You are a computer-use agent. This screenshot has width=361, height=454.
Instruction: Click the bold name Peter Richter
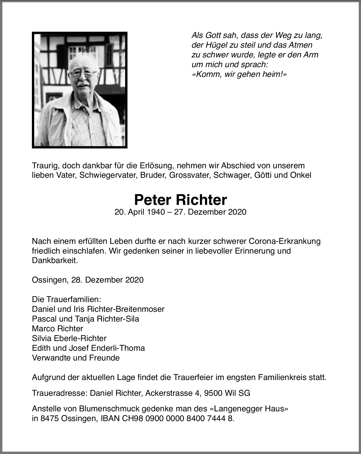[x=180, y=200]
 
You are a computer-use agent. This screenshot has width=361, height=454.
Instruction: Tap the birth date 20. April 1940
[x=140, y=212]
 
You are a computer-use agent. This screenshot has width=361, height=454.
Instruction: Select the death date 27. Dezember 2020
[x=210, y=212]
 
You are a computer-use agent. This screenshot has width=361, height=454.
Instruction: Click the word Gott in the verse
[x=213, y=35]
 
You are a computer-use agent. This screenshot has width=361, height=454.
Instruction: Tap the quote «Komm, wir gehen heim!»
[x=239, y=74]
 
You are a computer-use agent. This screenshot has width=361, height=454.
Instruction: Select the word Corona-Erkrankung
[x=285, y=241]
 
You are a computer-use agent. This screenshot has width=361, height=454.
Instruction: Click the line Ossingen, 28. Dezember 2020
[x=88, y=280]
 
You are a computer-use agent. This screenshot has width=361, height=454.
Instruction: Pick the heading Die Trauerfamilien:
[x=67, y=299]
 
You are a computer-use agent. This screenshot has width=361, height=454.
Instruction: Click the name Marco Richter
[x=57, y=328]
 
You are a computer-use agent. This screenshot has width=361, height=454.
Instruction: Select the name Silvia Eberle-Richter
[x=69, y=338]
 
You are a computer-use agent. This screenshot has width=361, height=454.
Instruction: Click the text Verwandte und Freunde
[x=76, y=358]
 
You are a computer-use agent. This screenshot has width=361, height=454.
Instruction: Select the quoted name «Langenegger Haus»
[x=249, y=409]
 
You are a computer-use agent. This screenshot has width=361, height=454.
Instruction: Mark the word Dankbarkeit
[x=55, y=260]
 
